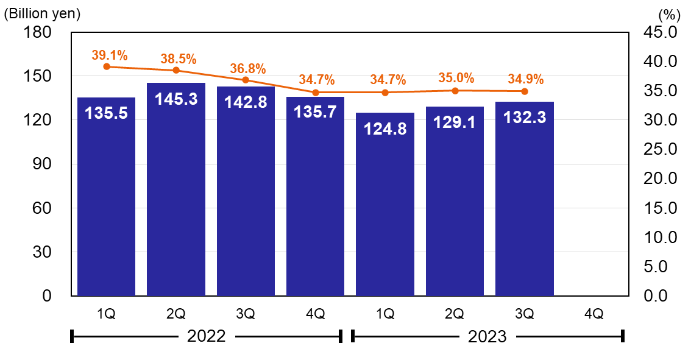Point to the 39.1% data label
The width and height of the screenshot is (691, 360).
pos(110,55)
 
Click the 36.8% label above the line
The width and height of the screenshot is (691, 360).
pos(247,69)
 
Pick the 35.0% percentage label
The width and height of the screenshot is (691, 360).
pos(456,78)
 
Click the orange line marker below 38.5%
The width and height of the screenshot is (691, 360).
pos(176,70)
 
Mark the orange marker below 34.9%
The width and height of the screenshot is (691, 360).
pos(524,91)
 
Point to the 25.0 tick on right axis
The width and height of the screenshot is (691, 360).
pos(661,149)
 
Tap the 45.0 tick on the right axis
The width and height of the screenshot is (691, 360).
pos(661,32)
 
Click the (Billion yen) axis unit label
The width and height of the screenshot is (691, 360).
pos(42,12)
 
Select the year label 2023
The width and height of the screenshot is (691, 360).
pos(487,336)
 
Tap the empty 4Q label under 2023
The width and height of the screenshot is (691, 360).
pos(594,314)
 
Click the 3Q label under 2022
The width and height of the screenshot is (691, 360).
pos(246,314)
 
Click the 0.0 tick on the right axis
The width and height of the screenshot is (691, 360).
pos(661,296)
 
